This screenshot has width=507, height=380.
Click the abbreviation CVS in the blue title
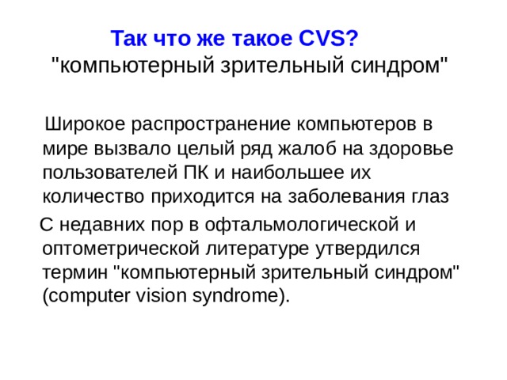(327, 38)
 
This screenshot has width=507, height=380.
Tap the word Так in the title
(127, 38)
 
